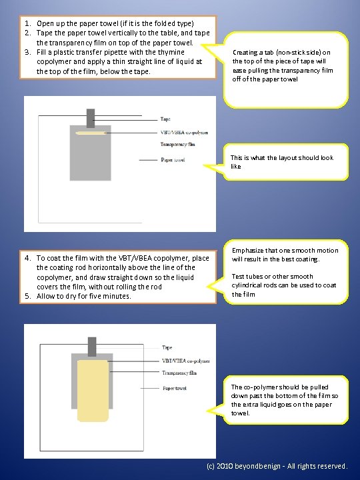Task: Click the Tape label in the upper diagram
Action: click(165, 119)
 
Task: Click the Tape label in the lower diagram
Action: click(167, 347)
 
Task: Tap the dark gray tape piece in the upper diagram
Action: click(91, 118)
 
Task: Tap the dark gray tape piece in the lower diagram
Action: click(92, 347)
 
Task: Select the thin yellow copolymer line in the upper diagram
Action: click(91, 133)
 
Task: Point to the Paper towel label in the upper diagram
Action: click(173, 160)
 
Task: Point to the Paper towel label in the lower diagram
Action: click(174, 388)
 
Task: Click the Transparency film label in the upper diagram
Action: click(177, 144)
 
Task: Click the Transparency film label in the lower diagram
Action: click(179, 373)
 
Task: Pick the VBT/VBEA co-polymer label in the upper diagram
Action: click(184, 133)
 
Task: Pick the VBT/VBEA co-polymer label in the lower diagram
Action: click(186, 361)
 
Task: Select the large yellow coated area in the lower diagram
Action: click(93, 391)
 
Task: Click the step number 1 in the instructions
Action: click(27, 23)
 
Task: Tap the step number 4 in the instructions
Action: click(27, 258)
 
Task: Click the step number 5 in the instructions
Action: click(27, 296)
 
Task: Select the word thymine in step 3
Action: click(171, 53)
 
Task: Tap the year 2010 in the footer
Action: click(224, 466)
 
